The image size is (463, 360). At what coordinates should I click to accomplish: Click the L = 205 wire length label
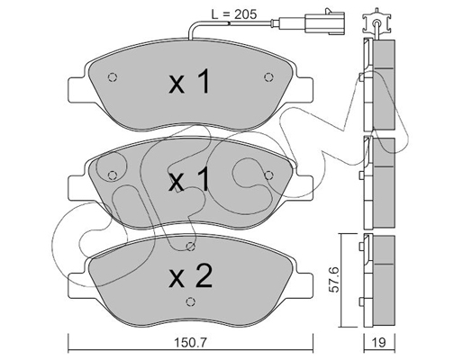pos(234,13)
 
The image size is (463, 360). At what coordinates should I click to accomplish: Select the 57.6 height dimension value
pos(334,280)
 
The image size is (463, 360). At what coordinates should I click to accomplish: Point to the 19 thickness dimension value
pos(379,343)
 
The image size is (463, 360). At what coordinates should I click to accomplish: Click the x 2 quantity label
pos(191,277)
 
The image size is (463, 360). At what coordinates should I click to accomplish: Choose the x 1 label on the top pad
pos(188,82)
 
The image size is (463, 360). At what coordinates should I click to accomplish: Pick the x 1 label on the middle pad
pos(188,180)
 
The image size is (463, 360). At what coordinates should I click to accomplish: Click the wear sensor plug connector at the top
pos(324,22)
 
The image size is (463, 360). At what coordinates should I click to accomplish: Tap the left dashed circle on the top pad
pos(113,77)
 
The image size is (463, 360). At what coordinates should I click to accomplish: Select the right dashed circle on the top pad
pos(268,77)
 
